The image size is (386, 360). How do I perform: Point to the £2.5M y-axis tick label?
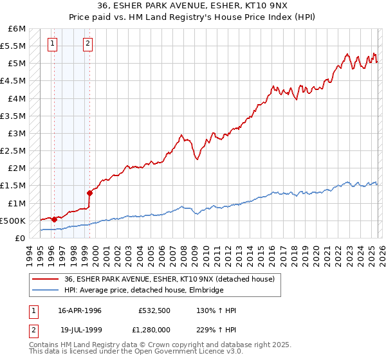coord(13,150)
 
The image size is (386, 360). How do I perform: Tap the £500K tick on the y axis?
coord(13,221)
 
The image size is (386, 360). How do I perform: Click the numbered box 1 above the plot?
coord(52,44)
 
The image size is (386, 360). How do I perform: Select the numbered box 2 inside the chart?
coord(87,44)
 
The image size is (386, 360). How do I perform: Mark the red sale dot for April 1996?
coord(55,219)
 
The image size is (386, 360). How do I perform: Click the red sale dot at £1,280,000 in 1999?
coord(89,193)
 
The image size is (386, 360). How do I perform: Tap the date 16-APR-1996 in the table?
coord(80,310)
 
